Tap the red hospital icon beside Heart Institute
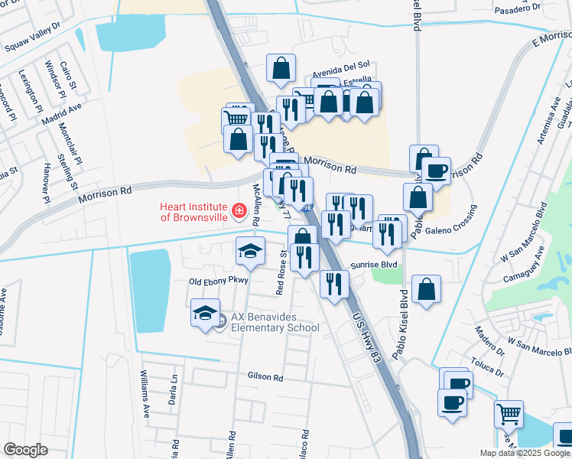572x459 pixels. point(239,209)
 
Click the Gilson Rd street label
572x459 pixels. point(265,377)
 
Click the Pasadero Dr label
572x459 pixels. point(516,10)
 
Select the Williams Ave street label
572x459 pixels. point(144,392)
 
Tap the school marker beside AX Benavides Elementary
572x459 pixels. point(205,313)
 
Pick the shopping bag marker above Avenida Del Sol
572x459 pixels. point(281,69)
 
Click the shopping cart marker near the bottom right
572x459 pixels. point(509,415)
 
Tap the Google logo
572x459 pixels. point(25,450)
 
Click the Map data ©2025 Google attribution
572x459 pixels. point(525,453)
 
